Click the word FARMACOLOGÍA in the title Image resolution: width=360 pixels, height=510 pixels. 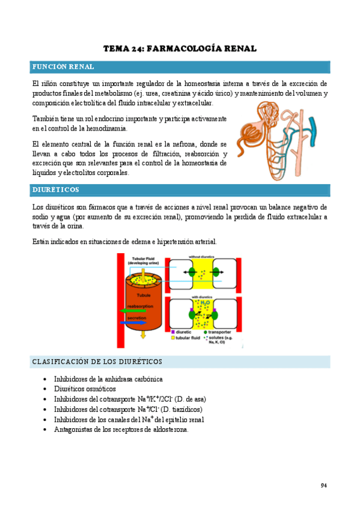[180, 48]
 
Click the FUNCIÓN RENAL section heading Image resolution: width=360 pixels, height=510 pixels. [63, 67]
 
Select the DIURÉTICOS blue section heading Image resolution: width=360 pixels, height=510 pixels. [55, 190]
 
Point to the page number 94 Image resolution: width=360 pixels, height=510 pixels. [323, 485]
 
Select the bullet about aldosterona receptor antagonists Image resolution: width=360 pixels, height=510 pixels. [121, 430]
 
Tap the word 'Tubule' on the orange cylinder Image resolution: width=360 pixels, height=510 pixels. [144, 295]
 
